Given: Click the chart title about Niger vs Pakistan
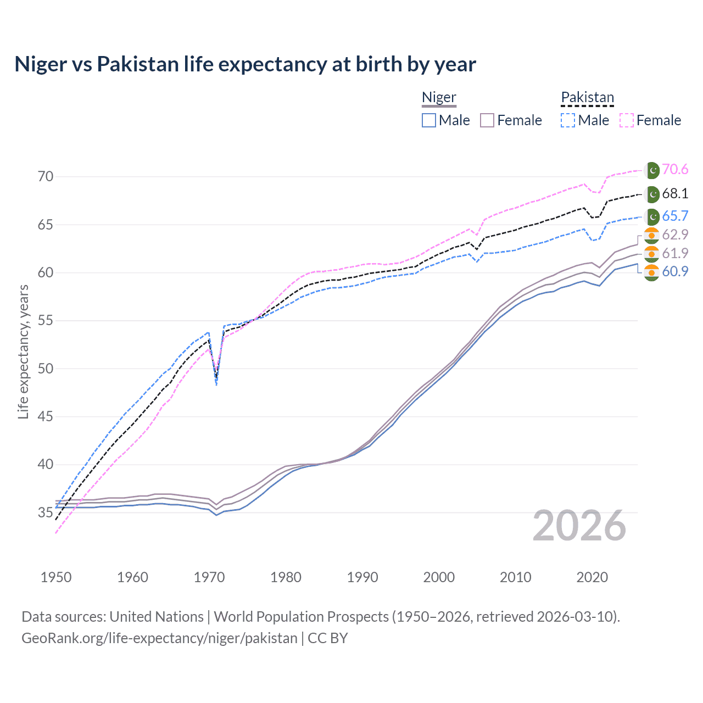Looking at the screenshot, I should click(x=245, y=64).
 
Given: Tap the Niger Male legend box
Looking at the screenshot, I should click(x=429, y=120).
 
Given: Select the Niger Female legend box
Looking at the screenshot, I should click(x=488, y=120).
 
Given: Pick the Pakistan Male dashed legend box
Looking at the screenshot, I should click(x=568, y=120).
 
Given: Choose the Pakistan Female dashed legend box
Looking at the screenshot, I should click(x=627, y=120).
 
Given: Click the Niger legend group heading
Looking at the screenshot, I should click(x=439, y=97).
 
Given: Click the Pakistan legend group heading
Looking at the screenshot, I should click(x=587, y=97).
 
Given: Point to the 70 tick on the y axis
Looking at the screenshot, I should click(x=46, y=177).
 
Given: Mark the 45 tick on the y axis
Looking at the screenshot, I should click(x=46, y=416).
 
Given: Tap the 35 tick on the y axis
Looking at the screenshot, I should click(x=46, y=513).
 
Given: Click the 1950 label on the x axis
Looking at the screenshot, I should click(x=56, y=577).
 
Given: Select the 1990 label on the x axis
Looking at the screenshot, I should click(x=362, y=577).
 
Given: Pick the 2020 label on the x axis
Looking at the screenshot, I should click(x=592, y=577).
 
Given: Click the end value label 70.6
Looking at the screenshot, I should click(x=675, y=170).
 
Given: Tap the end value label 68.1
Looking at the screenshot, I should click(x=675, y=194).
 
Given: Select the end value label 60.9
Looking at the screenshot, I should click(x=675, y=271).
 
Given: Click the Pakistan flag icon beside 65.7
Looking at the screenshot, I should click(x=652, y=216).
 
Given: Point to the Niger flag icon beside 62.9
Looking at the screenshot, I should click(x=651, y=235).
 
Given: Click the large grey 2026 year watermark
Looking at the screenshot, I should click(x=579, y=526).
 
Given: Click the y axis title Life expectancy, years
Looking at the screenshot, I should click(x=23, y=351).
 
